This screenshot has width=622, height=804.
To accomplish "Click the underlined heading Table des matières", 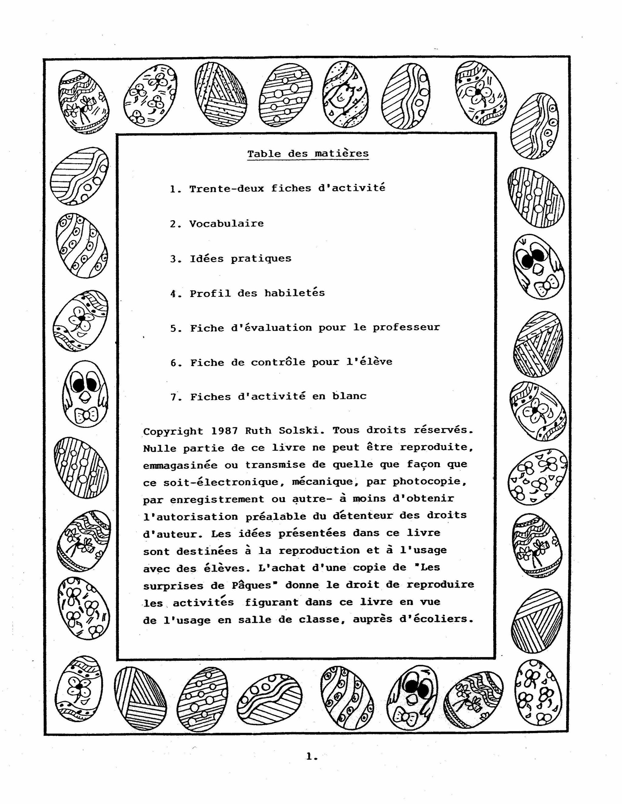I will [x=308, y=154].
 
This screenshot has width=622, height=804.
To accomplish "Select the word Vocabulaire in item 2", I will [x=226, y=224].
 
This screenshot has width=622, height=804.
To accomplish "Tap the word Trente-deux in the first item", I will [x=227, y=188].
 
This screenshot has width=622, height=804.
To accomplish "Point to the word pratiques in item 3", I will [x=261, y=259].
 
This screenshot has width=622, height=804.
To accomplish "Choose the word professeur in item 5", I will [x=406, y=328].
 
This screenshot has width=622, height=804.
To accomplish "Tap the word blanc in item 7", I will [x=349, y=396].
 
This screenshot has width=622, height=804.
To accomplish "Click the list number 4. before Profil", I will [x=176, y=294].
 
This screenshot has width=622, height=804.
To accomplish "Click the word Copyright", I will [x=173, y=431].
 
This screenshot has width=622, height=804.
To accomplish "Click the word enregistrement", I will [x=217, y=499].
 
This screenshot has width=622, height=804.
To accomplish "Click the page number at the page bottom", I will [x=311, y=757].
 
